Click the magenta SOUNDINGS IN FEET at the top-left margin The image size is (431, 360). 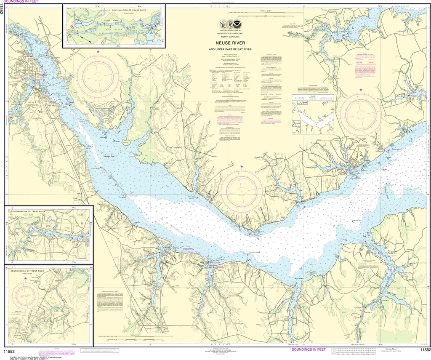(x=20, y=2)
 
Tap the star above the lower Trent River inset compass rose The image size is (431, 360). (x=26, y=279)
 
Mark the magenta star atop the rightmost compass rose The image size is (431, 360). (x=361, y=90)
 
